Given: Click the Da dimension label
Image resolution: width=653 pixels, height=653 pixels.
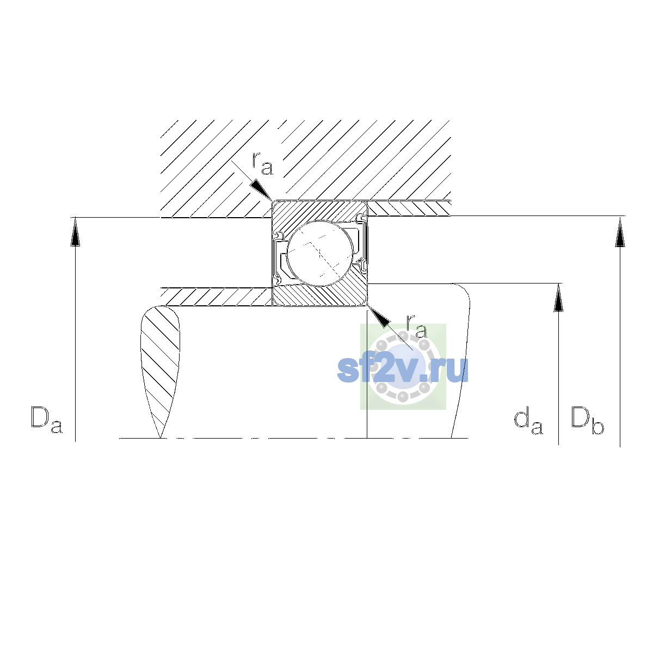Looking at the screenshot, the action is click(47, 420).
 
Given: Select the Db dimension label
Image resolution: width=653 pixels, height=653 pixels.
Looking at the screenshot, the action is click(587, 420).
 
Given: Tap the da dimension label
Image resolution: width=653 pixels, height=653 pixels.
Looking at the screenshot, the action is click(528, 422).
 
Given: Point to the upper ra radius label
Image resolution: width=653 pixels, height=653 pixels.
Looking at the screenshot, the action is click(262, 164).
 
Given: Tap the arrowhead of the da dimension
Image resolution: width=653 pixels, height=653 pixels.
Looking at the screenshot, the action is click(558, 298).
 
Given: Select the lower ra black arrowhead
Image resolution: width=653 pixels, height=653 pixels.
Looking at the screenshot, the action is click(378, 317).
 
